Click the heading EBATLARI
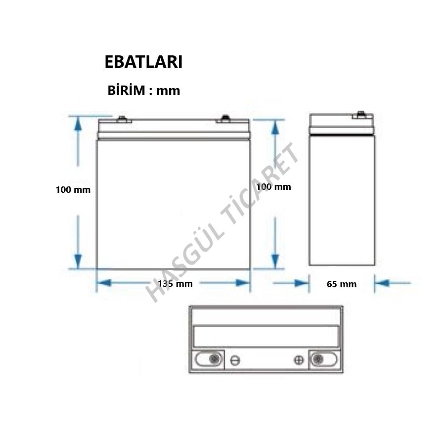(144, 62)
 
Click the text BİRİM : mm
(144, 91)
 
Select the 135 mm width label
(176, 283)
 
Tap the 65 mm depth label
(342, 284)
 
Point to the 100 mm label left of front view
(73, 189)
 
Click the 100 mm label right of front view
(273, 187)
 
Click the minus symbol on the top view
(235, 360)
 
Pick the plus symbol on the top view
(299, 360)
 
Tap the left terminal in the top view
(214, 359)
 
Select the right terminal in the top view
(317, 359)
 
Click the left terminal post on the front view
(121, 119)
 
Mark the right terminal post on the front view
(225, 118)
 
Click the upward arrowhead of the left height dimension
(78, 124)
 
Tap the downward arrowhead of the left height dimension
(78, 261)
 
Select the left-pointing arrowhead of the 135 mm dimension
(103, 283)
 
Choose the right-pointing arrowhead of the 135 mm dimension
(243, 283)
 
